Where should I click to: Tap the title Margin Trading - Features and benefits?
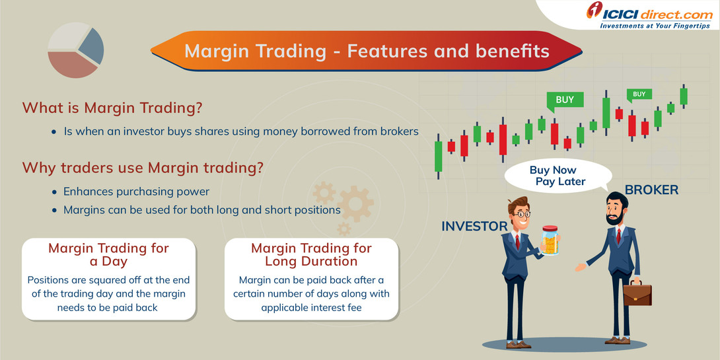tap(367, 51)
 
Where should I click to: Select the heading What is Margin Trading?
tap(112, 108)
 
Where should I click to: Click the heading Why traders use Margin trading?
tap(143, 168)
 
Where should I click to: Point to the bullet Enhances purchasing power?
tap(136, 192)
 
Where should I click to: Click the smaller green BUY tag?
tap(639, 95)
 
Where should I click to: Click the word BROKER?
tap(651, 190)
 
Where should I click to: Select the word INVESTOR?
tap(474, 227)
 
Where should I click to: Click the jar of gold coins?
tap(550, 240)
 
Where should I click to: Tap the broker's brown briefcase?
tap(637, 291)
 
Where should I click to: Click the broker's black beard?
tap(615, 218)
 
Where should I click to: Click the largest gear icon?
tap(355, 203)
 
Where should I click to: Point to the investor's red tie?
tap(518, 242)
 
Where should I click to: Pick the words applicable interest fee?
tap(311, 307)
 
